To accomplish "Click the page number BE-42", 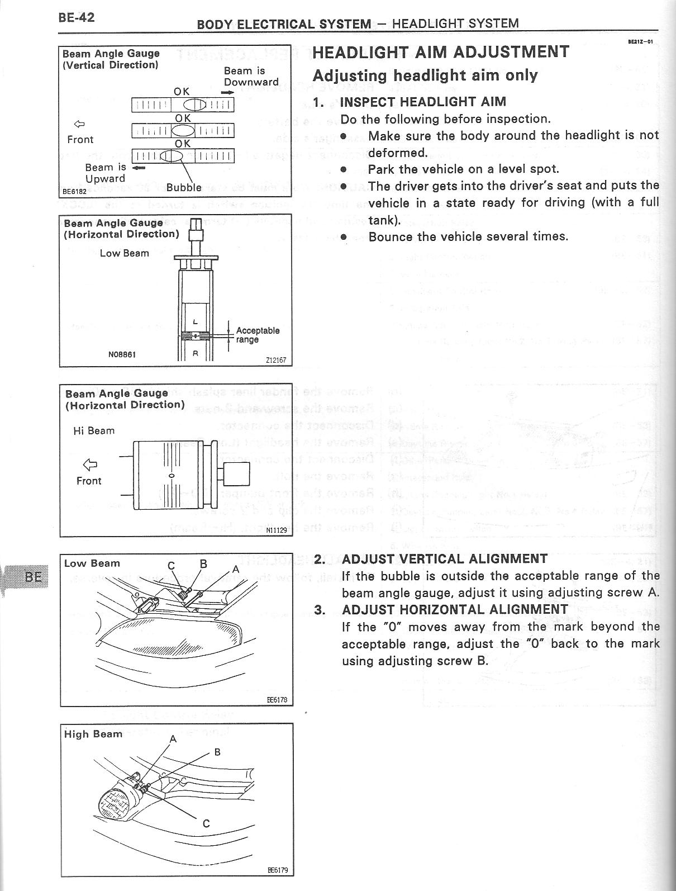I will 76,17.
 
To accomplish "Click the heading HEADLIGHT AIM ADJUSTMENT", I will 441,52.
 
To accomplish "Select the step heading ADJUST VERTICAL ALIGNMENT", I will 445,559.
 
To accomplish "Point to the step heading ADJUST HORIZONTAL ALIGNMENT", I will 455,609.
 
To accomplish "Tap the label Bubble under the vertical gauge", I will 183,188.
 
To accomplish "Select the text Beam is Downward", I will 251,76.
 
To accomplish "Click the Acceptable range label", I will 257,335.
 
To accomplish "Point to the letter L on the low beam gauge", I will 195,322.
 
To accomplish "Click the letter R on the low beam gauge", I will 196,353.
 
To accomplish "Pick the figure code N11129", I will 276,530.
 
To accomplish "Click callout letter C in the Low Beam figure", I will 172,565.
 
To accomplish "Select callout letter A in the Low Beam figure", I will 236,568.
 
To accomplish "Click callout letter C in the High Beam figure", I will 206,823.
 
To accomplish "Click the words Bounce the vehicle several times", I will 468,236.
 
